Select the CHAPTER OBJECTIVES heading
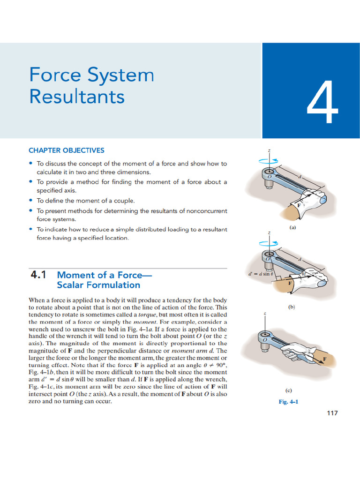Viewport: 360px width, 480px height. (x=66, y=150)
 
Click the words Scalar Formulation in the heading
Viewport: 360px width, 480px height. (x=98, y=285)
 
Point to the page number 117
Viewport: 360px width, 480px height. (x=331, y=412)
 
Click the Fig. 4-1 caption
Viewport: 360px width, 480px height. (x=288, y=402)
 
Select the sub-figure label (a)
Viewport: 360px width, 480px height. (x=292, y=227)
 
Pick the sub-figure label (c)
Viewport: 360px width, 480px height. (x=290, y=390)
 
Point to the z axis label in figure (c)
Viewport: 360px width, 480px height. (x=265, y=314)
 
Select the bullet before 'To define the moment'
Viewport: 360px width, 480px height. (x=30, y=200)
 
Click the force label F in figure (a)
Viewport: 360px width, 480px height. (x=298, y=205)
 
